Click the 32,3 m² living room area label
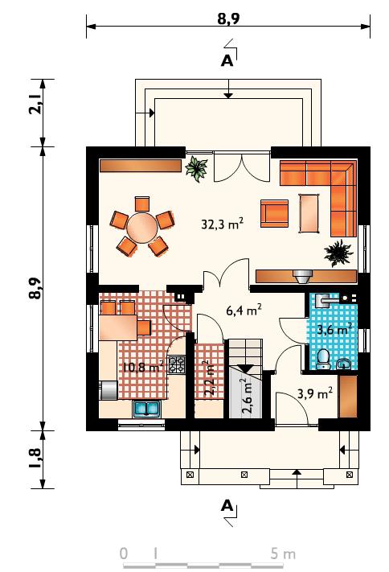tap(222, 224)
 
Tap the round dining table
tap(142, 228)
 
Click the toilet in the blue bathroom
tap(323, 359)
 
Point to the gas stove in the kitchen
tap(176, 364)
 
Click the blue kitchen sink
tap(146, 409)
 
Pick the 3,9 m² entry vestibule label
tap(315, 393)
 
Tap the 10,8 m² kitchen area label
tap(142, 367)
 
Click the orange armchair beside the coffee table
tap(274, 213)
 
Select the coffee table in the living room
tap(309, 213)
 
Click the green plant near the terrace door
tap(196, 169)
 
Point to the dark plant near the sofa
tap(338, 252)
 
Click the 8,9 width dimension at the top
tap(228, 19)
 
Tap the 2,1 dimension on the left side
tap(35, 104)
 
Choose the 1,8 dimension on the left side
tap(35, 459)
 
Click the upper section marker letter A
tap(227, 60)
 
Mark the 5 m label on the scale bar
tap(283, 553)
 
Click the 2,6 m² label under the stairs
tap(248, 396)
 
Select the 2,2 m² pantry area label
tap(209, 379)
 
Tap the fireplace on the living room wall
tap(302, 276)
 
